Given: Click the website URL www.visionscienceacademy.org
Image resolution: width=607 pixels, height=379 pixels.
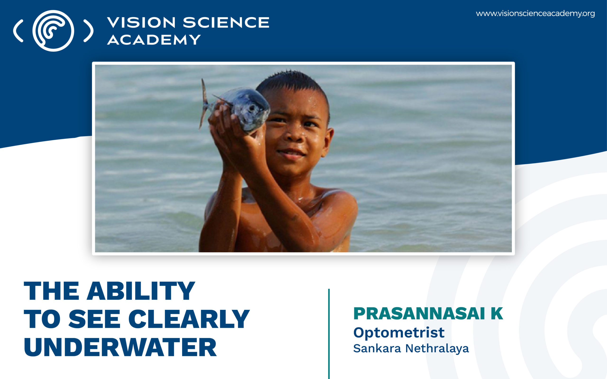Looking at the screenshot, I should pyautogui.click(x=535, y=14).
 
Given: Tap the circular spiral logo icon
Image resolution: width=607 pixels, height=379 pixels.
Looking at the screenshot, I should pyautogui.click(x=53, y=31).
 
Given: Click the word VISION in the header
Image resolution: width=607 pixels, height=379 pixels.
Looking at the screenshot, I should pyautogui.click(x=141, y=23).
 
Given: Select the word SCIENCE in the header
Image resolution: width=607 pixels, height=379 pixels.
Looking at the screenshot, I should pyautogui.click(x=226, y=23).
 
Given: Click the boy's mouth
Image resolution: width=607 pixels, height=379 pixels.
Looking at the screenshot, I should pyautogui.click(x=291, y=153).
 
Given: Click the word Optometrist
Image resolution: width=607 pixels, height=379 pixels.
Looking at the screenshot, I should pyautogui.click(x=399, y=333).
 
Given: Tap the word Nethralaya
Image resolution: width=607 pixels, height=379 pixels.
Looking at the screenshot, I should pyautogui.click(x=437, y=348).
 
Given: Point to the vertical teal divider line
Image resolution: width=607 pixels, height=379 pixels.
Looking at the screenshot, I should pyautogui.click(x=329, y=333).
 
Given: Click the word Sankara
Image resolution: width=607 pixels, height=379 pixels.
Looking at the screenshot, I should pyautogui.click(x=377, y=348).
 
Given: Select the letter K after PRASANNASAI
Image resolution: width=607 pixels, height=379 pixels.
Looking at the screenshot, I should pyautogui.click(x=497, y=314).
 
